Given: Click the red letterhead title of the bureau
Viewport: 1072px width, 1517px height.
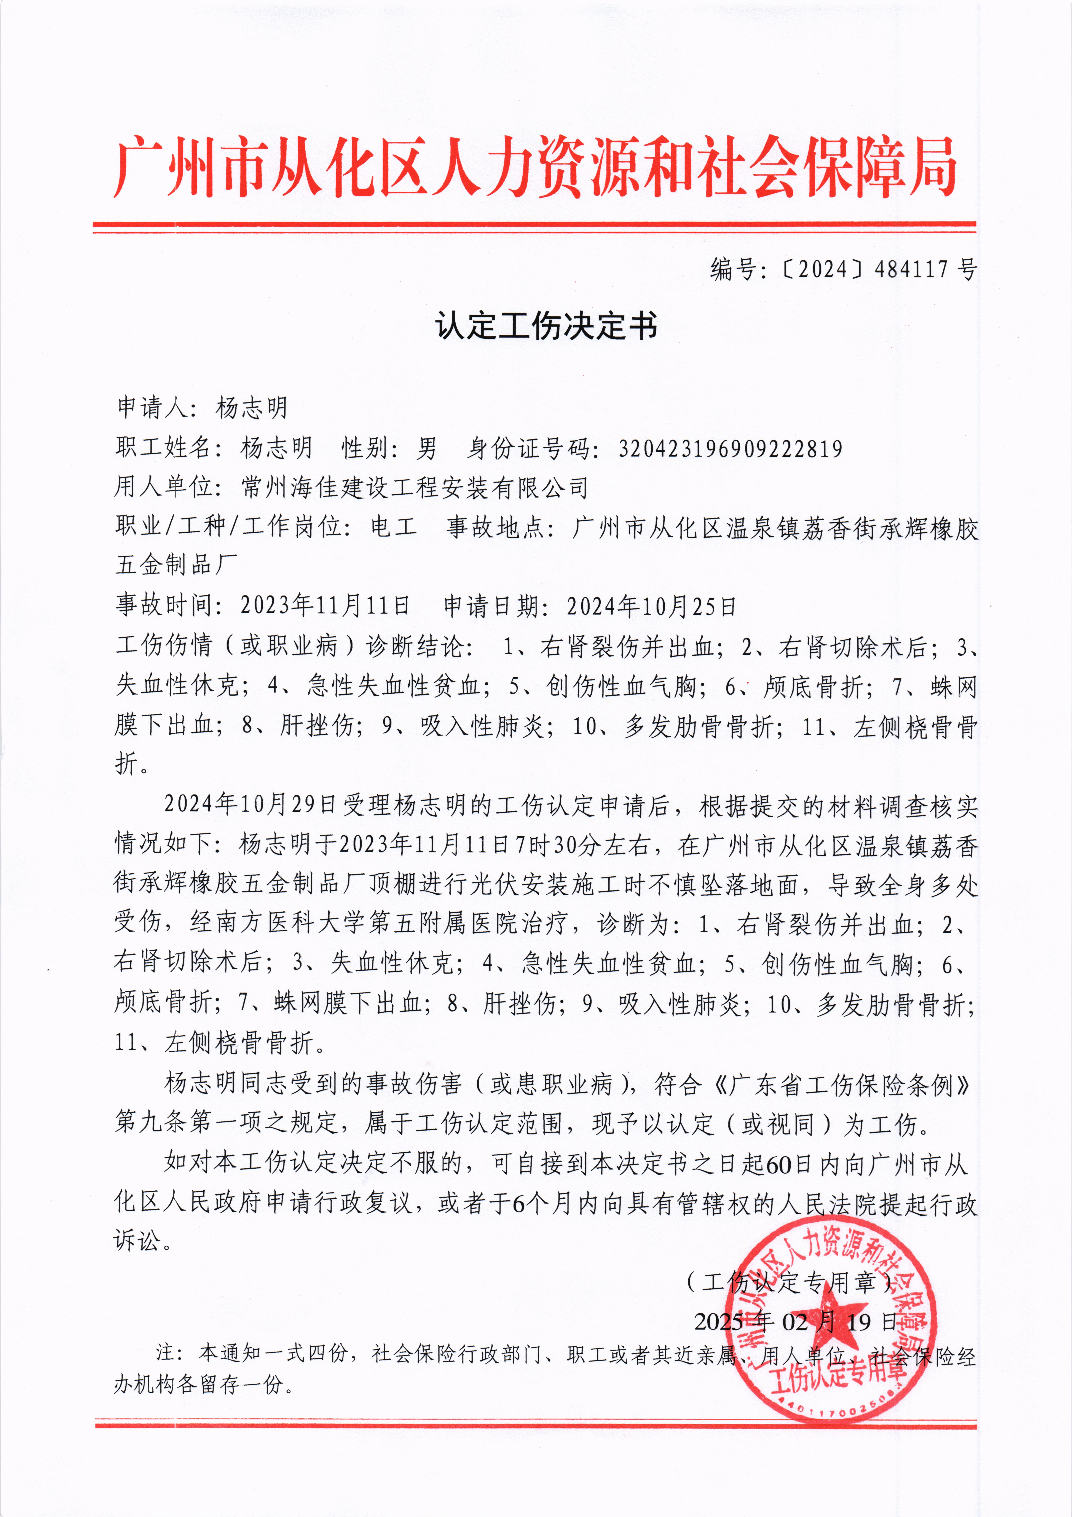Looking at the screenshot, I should [535, 167].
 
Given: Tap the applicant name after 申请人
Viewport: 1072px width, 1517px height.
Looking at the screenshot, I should [252, 408].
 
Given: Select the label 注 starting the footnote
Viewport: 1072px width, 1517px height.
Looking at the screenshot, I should [164, 1353].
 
